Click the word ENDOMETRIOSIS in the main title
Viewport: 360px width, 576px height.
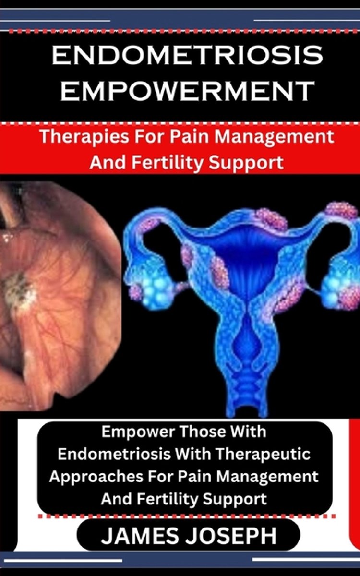(187, 55)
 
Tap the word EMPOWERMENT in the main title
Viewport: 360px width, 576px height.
(187, 91)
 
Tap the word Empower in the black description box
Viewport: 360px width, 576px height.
(138, 432)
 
